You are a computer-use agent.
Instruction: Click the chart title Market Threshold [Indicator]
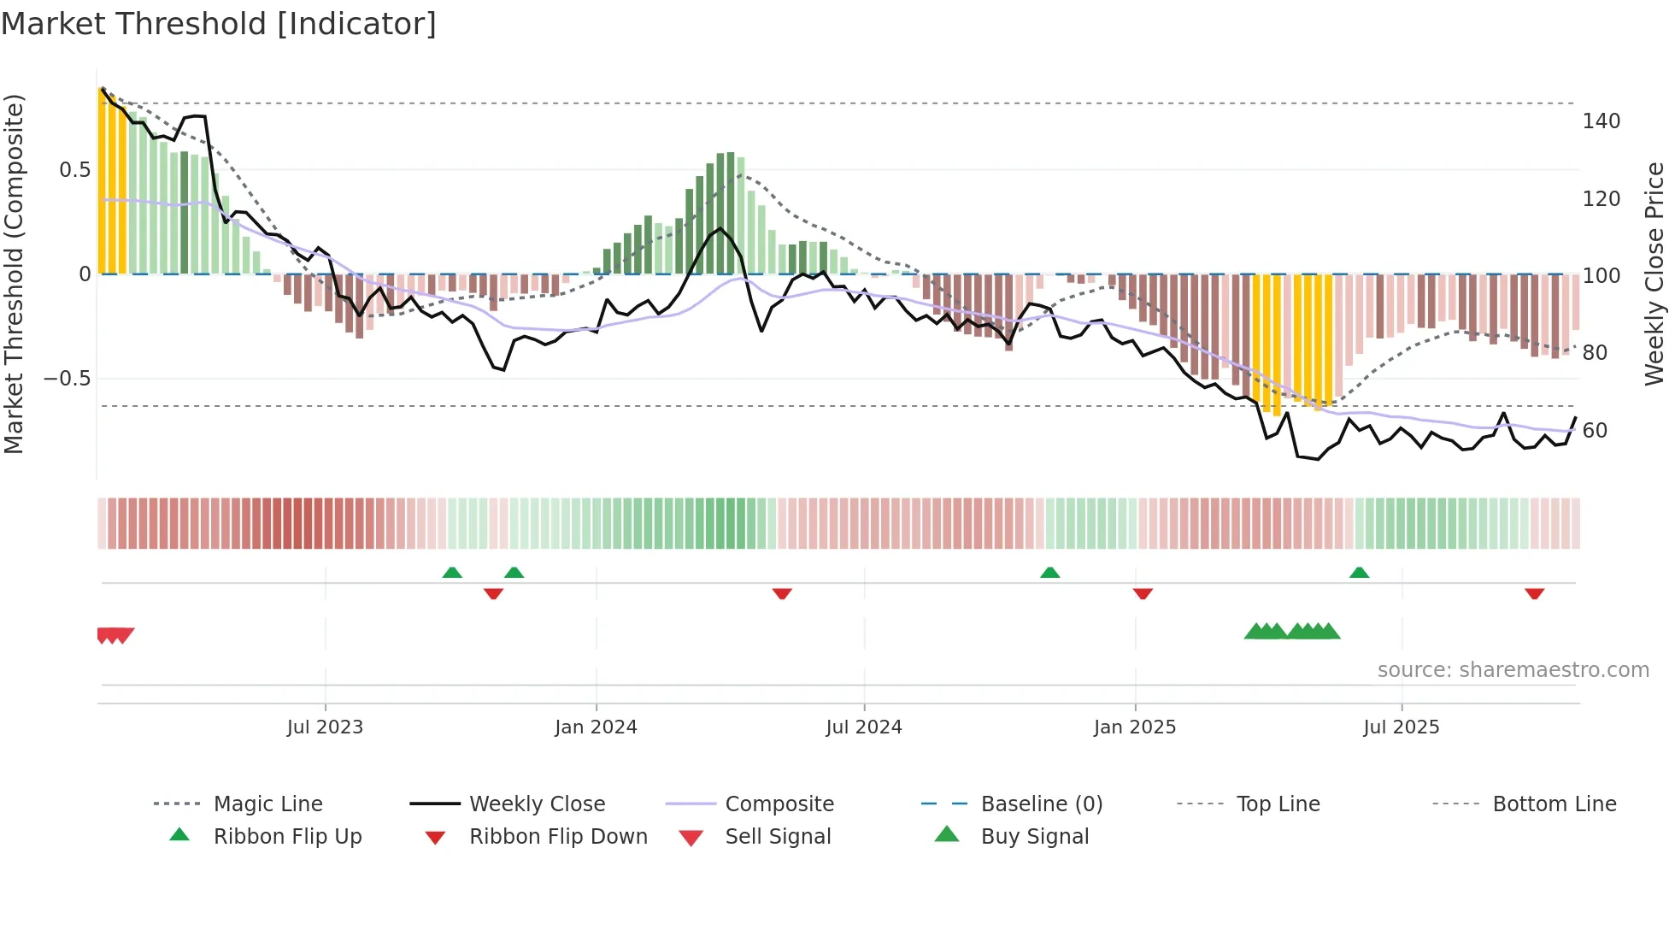pyautogui.click(x=219, y=24)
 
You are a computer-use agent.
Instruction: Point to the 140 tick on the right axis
pyautogui.click(x=1601, y=121)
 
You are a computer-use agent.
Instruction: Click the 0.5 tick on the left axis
pyautogui.click(x=74, y=170)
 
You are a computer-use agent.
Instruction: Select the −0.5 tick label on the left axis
pyautogui.click(x=67, y=379)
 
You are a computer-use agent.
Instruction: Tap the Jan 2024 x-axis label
pyautogui.click(x=596, y=727)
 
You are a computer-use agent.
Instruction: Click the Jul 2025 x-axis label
pyautogui.click(x=1401, y=727)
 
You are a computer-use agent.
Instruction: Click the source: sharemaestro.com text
pyautogui.click(x=1513, y=670)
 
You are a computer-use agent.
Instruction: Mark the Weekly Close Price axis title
pyautogui.click(x=1654, y=274)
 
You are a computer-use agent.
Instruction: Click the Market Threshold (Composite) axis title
pyautogui.click(x=14, y=274)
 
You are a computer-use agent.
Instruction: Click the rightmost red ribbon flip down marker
pyautogui.click(x=1534, y=593)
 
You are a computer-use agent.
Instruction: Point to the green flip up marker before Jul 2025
pyautogui.click(x=1359, y=573)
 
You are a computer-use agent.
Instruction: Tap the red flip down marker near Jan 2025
pyautogui.click(x=1143, y=593)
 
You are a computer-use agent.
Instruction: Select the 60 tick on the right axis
pyautogui.click(x=1595, y=431)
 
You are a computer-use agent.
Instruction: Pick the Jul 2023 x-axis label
pyautogui.click(x=325, y=727)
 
